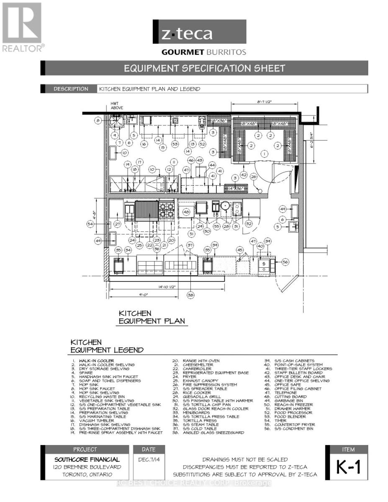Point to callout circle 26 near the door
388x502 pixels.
click(x=254, y=177)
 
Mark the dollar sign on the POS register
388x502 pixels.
click(x=265, y=264)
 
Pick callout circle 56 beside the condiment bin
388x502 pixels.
click(x=285, y=262)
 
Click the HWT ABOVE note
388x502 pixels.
click(x=117, y=105)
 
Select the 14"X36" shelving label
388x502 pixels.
click(x=236, y=188)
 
